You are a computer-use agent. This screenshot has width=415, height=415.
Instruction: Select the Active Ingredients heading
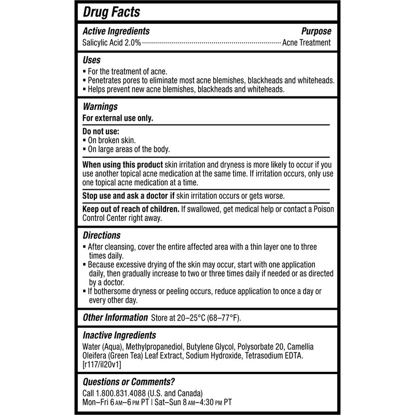(x=116, y=32)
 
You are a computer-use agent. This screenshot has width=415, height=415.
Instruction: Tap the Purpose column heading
(x=316, y=32)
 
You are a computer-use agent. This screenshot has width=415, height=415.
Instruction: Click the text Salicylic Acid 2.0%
(x=111, y=43)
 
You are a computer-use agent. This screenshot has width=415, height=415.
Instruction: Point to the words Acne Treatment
(x=306, y=43)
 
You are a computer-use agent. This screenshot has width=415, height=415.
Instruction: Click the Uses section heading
(x=92, y=60)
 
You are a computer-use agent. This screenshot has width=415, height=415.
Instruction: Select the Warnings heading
(x=100, y=107)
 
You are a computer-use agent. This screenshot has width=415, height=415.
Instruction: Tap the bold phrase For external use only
(x=118, y=118)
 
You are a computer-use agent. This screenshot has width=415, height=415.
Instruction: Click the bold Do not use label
(x=101, y=132)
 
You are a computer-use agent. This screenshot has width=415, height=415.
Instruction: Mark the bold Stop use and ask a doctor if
(x=129, y=196)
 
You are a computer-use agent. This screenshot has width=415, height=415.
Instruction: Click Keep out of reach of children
(x=130, y=210)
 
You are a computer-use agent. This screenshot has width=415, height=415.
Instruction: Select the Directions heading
(x=102, y=236)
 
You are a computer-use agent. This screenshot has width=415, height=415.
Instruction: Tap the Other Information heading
(x=115, y=317)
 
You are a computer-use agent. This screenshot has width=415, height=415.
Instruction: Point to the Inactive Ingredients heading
(x=119, y=336)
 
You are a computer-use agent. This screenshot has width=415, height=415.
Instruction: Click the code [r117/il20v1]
(x=102, y=365)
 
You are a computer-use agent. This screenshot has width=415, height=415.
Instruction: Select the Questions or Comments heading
(x=129, y=381)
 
